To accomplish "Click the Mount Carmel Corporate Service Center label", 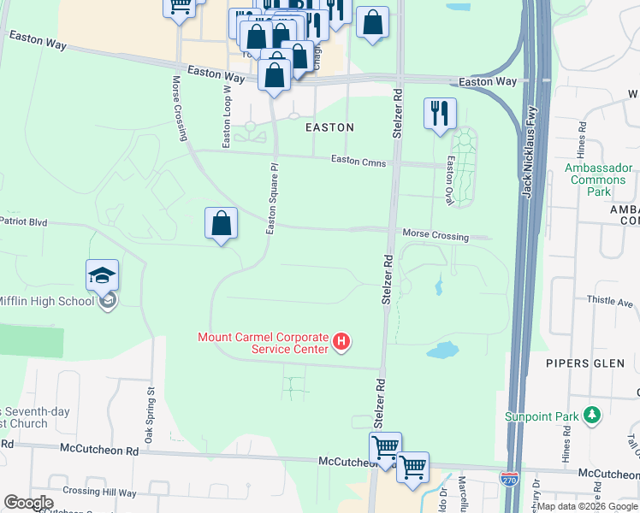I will coord(263,343).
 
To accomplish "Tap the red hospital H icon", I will coord(341,343).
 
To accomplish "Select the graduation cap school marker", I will coord(102,276).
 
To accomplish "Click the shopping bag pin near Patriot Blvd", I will coord(221,224).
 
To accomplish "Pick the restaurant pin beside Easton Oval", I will coord(440,114).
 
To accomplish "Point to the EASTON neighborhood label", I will coord(329,127).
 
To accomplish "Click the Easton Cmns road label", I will coord(359,161).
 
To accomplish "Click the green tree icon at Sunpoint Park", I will coord(591,416).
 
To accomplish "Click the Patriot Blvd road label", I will coord(23,221).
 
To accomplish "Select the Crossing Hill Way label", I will coord(99,492).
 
